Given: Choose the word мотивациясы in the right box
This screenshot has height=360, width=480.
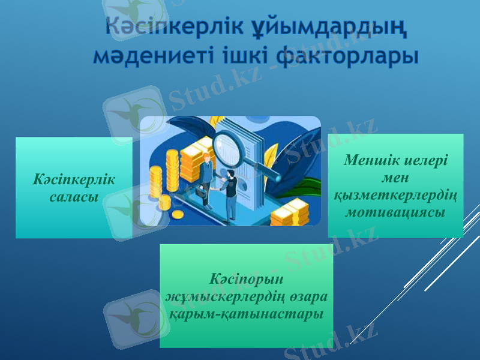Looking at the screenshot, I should click(x=395, y=212).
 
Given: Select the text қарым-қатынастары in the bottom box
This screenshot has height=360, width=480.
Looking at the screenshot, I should click(x=246, y=314).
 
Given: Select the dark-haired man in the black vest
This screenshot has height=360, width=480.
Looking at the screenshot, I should click(x=229, y=192).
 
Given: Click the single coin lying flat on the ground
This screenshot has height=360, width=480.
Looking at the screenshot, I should click(x=178, y=214).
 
